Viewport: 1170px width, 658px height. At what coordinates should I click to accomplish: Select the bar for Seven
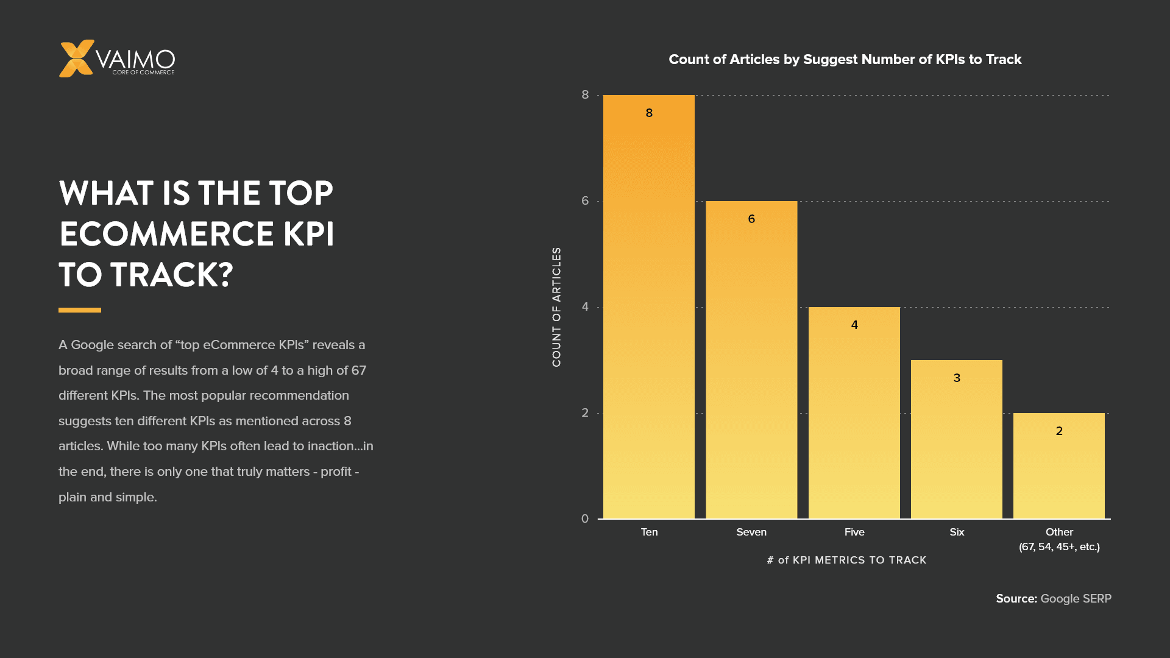tap(751, 366)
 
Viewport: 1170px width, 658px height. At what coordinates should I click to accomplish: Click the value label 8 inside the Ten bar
tap(649, 113)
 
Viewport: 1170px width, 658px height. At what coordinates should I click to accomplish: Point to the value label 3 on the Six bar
tap(957, 378)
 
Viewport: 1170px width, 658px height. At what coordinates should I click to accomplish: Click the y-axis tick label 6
tap(585, 201)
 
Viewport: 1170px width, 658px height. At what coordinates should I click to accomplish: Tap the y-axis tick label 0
tap(585, 519)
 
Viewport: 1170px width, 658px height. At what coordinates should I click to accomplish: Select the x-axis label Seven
tap(751, 532)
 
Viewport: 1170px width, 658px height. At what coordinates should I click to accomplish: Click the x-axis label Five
tap(854, 532)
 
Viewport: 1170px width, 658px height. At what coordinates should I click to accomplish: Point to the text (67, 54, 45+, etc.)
tap(1059, 547)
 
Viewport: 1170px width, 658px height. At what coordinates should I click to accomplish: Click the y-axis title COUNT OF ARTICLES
tap(556, 307)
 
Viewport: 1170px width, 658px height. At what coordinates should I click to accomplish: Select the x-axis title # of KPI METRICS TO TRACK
tap(846, 560)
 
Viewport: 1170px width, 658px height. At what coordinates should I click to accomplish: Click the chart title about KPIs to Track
tap(845, 60)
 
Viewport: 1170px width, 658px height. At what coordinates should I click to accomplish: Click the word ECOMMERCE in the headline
tap(166, 234)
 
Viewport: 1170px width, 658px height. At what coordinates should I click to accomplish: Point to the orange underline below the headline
tap(80, 310)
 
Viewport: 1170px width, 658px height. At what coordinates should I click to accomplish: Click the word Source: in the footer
tap(1016, 599)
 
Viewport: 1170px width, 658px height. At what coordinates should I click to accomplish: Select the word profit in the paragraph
tap(336, 472)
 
